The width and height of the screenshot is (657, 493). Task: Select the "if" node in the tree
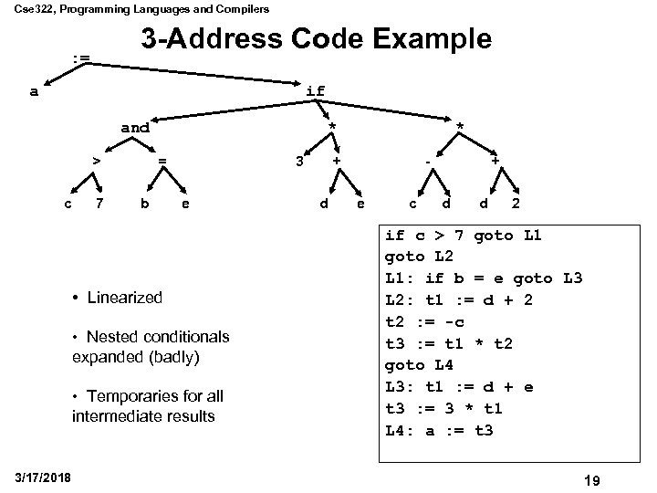pyautogui.click(x=316, y=91)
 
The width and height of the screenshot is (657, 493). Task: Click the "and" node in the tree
pyautogui.click(x=135, y=128)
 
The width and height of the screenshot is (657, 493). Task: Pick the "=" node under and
pyautogui.click(x=162, y=162)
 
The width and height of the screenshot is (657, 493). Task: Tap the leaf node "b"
pyautogui.click(x=143, y=203)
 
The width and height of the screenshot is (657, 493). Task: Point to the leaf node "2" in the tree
pyautogui.click(x=516, y=203)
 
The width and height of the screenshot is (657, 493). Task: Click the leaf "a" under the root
pyautogui.click(x=34, y=91)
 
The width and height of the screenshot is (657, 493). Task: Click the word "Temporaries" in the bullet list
pyautogui.click(x=131, y=395)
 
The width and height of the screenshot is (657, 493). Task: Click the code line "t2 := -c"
pyautogui.click(x=429, y=320)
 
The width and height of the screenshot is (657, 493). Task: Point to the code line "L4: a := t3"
pyautogui.click(x=440, y=429)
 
